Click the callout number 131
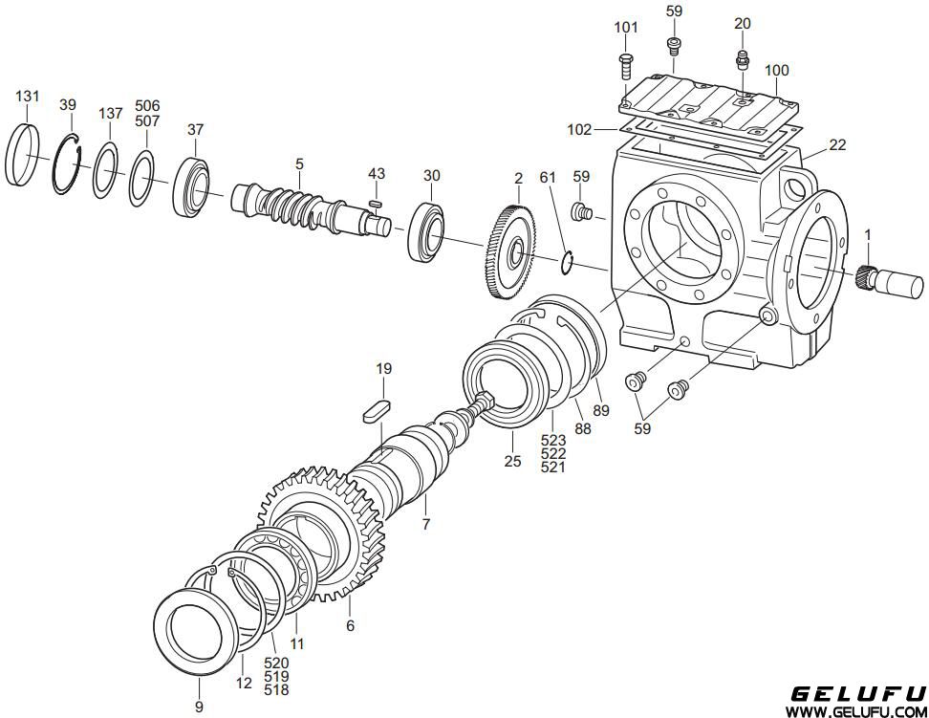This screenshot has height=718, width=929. (x=28, y=96)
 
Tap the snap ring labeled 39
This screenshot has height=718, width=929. (x=57, y=178)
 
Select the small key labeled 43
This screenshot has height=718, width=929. (x=374, y=204)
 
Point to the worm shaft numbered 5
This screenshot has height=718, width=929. (x=311, y=208)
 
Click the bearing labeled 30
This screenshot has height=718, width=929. (x=426, y=231)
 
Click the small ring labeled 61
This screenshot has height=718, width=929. (x=567, y=262)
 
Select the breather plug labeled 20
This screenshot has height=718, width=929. (x=741, y=59)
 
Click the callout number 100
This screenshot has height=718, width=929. (x=776, y=71)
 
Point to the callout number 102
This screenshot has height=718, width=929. (x=579, y=129)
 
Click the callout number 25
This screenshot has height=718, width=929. (x=512, y=461)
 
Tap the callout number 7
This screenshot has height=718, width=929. (x=426, y=524)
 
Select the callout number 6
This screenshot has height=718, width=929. (x=350, y=625)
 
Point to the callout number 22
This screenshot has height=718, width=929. (x=837, y=144)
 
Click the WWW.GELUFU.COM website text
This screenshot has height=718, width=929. (x=855, y=710)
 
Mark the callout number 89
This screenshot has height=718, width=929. (x=601, y=410)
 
